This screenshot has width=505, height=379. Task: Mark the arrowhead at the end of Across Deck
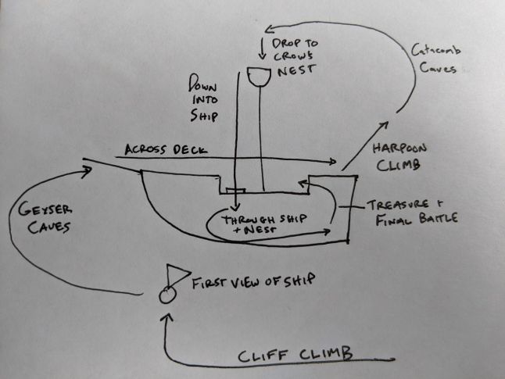tap(334, 163)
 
